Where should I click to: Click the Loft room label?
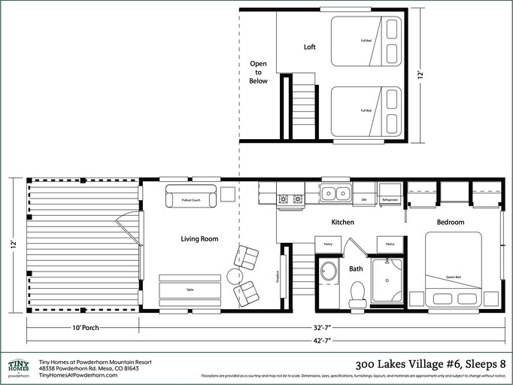[309, 47]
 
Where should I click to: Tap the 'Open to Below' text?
[258, 72]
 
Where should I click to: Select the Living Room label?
[199, 238]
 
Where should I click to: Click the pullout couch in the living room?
[190, 199]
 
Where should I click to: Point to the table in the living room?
[190, 290]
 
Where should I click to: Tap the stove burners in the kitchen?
[291, 199]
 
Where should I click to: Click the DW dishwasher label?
[363, 199]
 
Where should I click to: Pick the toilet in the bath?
[357, 293]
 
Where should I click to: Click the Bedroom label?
[451, 222]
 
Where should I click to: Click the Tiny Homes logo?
[19, 367]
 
